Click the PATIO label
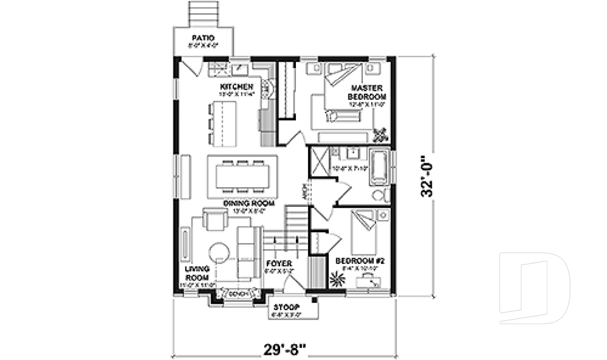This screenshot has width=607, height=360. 204,39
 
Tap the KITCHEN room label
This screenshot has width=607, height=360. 236,87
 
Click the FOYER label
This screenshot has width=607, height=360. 278,263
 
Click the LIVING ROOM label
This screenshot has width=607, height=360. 197,273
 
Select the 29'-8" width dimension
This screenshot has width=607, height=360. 284,348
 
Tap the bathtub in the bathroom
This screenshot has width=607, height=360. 379,166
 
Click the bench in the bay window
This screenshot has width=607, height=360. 238,294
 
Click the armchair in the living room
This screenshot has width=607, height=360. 214,221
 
